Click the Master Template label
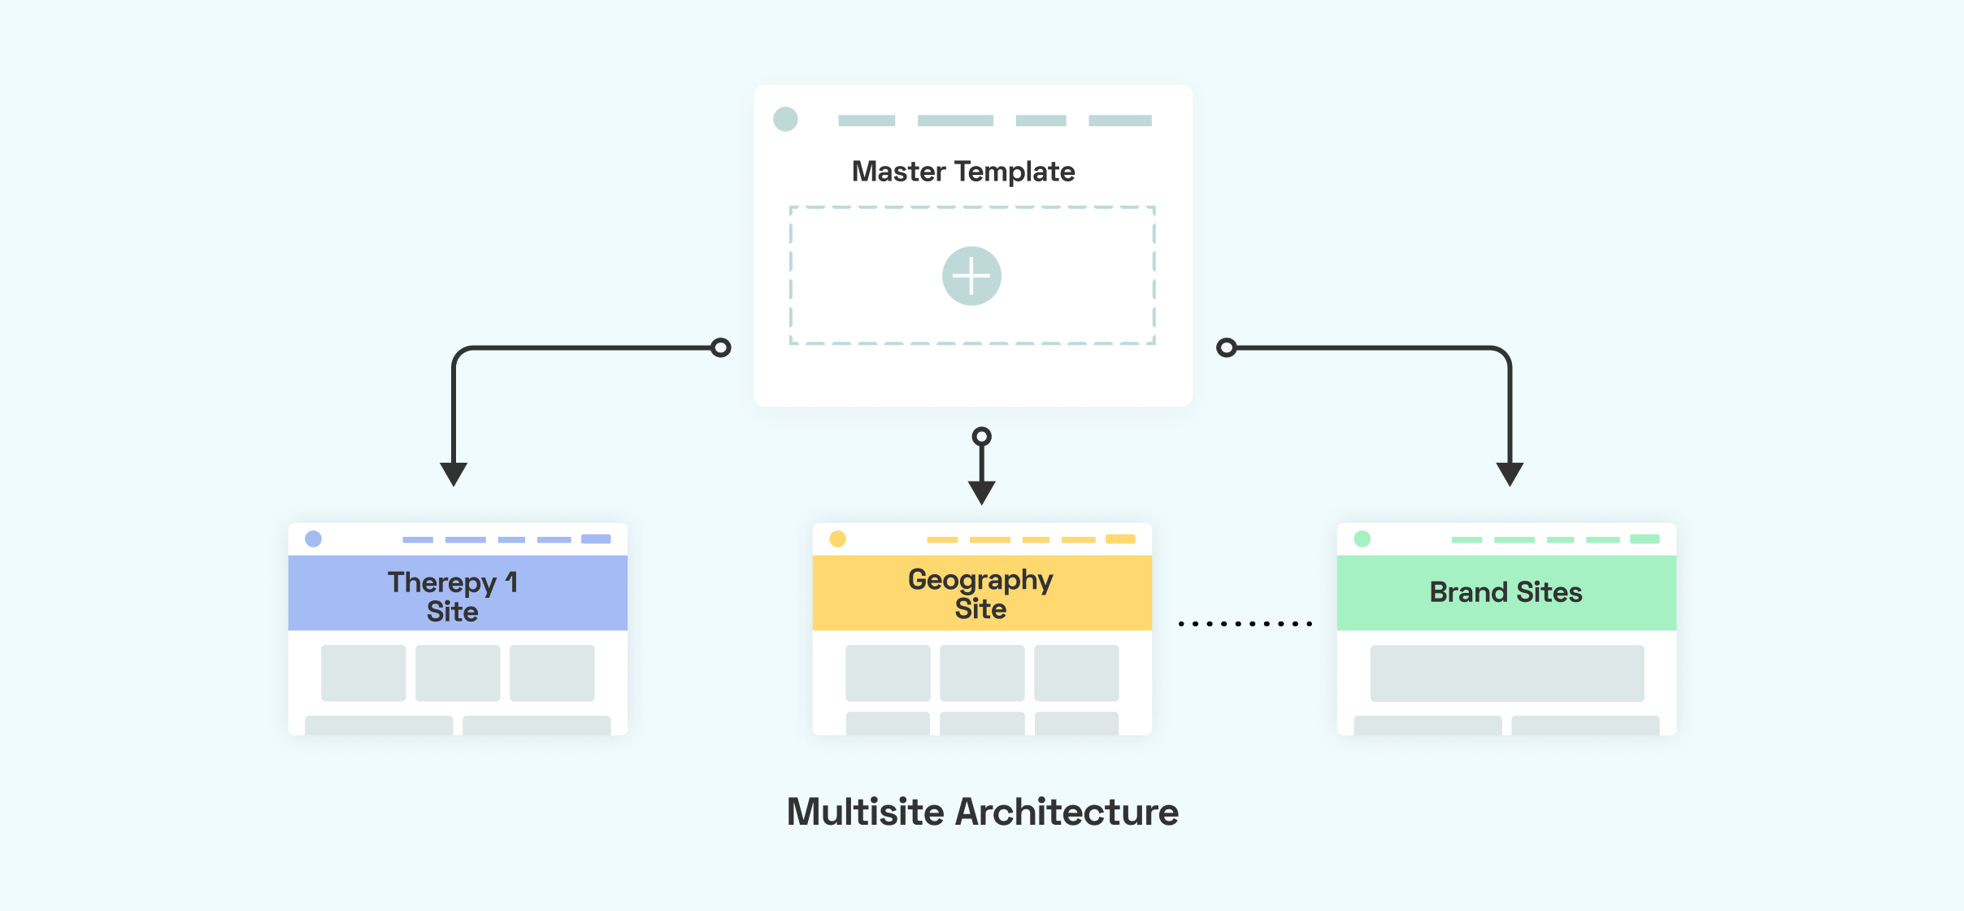(963, 172)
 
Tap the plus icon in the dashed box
(971, 276)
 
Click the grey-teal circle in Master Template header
(785, 120)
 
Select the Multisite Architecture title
(982, 812)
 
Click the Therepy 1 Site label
(453, 596)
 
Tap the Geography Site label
(980, 594)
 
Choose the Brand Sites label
(1506, 592)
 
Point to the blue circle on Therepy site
(313, 538)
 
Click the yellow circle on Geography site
(837, 538)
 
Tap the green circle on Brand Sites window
(1362, 538)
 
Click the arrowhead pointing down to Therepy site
(454, 473)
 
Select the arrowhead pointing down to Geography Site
(981, 492)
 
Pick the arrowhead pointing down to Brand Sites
(1510, 473)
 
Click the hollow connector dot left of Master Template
(720, 348)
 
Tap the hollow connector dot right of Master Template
(1226, 348)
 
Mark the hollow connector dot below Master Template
(982, 437)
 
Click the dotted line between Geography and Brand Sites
(1245, 624)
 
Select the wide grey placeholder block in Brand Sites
(1506, 673)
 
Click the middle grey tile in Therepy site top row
(458, 673)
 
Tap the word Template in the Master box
(1015, 172)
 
